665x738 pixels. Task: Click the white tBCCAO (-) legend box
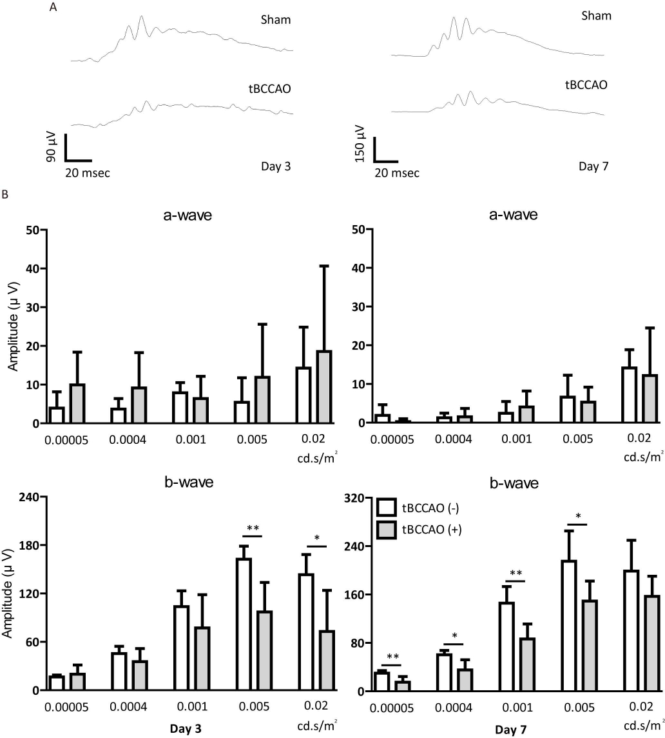pyautogui.click(x=385, y=507)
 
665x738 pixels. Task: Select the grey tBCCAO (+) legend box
pyautogui.click(x=385, y=529)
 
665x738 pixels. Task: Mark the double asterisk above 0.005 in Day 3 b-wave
pyautogui.click(x=253, y=529)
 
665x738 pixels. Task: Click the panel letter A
pyautogui.click(x=52, y=8)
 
